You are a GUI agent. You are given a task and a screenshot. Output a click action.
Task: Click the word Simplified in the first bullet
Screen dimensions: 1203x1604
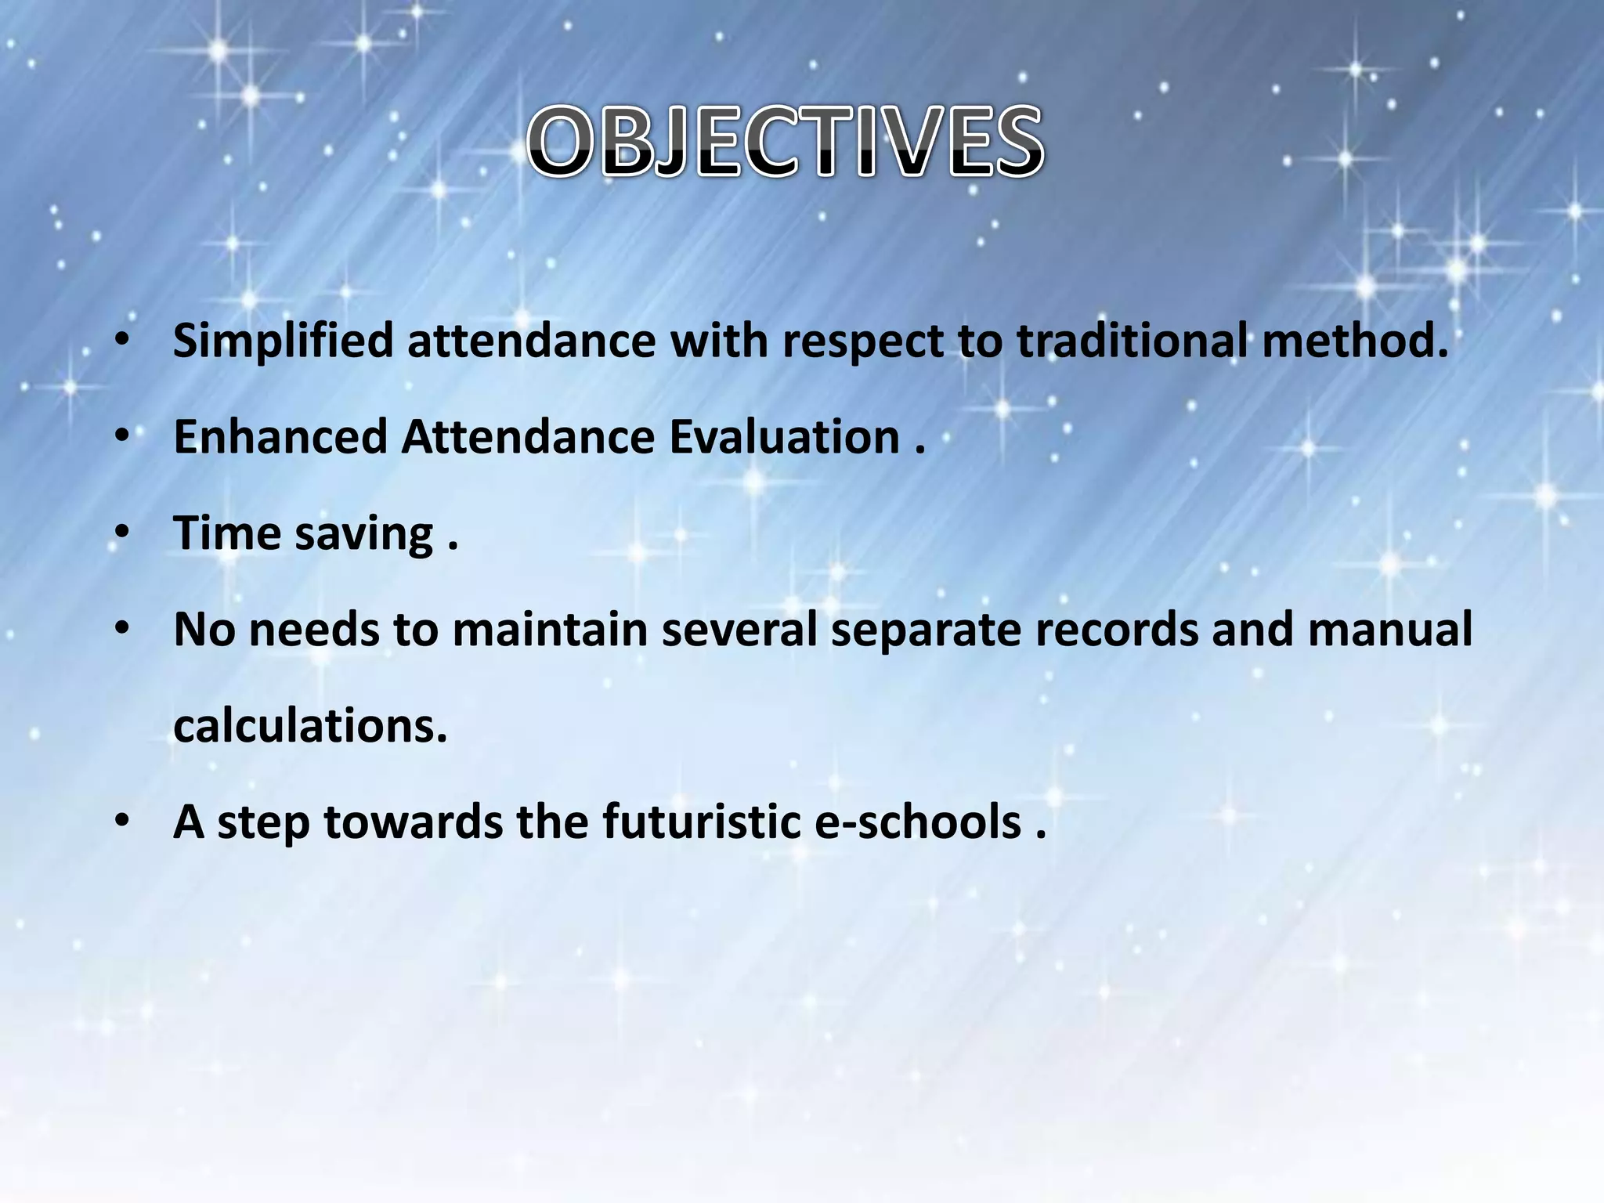283,342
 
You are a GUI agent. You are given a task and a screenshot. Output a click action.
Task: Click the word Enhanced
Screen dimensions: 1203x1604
280,436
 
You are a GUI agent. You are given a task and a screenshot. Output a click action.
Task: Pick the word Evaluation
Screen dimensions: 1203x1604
784,436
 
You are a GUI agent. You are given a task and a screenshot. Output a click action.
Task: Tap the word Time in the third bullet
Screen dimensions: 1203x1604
226,533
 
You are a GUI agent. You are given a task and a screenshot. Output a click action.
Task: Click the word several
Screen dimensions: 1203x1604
739,630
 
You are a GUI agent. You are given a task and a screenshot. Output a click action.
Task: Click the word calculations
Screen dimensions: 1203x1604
310,726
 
